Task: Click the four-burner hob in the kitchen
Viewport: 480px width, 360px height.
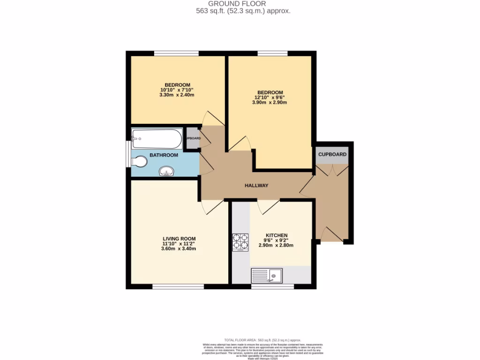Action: (x=240, y=242)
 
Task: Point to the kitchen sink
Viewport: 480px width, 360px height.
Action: (x=267, y=275)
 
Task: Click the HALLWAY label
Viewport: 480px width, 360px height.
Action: (x=256, y=186)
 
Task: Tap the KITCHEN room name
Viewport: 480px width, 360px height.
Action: (x=277, y=235)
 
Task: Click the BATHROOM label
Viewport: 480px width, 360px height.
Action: (x=164, y=155)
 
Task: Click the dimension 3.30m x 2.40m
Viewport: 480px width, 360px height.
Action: (x=177, y=95)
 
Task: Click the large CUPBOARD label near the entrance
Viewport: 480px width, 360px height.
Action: (x=332, y=155)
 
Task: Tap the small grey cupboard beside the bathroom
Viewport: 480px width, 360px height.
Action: (x=192, y=139)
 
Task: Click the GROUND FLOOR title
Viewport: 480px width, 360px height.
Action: (x=243, y=4)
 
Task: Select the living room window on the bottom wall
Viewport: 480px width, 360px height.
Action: (x=177, y=286)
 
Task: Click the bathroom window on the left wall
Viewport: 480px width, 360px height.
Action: (x=127, y=153)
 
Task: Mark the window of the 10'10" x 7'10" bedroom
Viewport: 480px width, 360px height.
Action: (x=176, y=53)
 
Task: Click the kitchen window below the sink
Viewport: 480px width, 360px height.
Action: (x=272, y=286)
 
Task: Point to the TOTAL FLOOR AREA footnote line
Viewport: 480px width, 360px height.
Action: (x=262, y=340)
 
